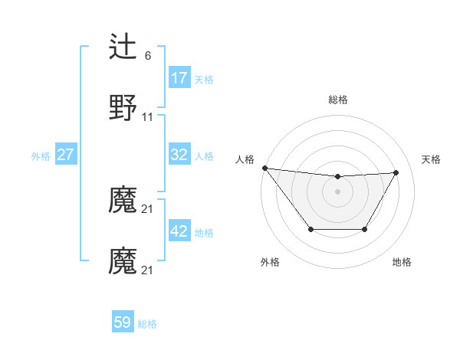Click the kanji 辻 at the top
click(123, 47)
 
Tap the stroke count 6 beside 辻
click(148, 56)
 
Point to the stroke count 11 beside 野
click(148, 117)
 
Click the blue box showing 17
click(179, 77)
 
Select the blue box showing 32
click(179, 154)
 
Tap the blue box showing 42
click(179, 231)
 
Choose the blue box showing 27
click(65, 154)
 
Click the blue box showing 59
click(123, 322)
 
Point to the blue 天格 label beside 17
click(204, 79)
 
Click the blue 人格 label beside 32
click(204, 155)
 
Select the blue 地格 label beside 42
click(204, 232)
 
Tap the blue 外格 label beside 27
click(41, 155)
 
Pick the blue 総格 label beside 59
click(147, 324)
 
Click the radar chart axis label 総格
click(337, 100)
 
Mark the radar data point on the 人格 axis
click(264, 168)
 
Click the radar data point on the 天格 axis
click(396, 172)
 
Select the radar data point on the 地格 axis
click(364, 229)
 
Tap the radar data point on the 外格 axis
click(310, 229)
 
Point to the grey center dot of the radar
click(337, 191)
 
